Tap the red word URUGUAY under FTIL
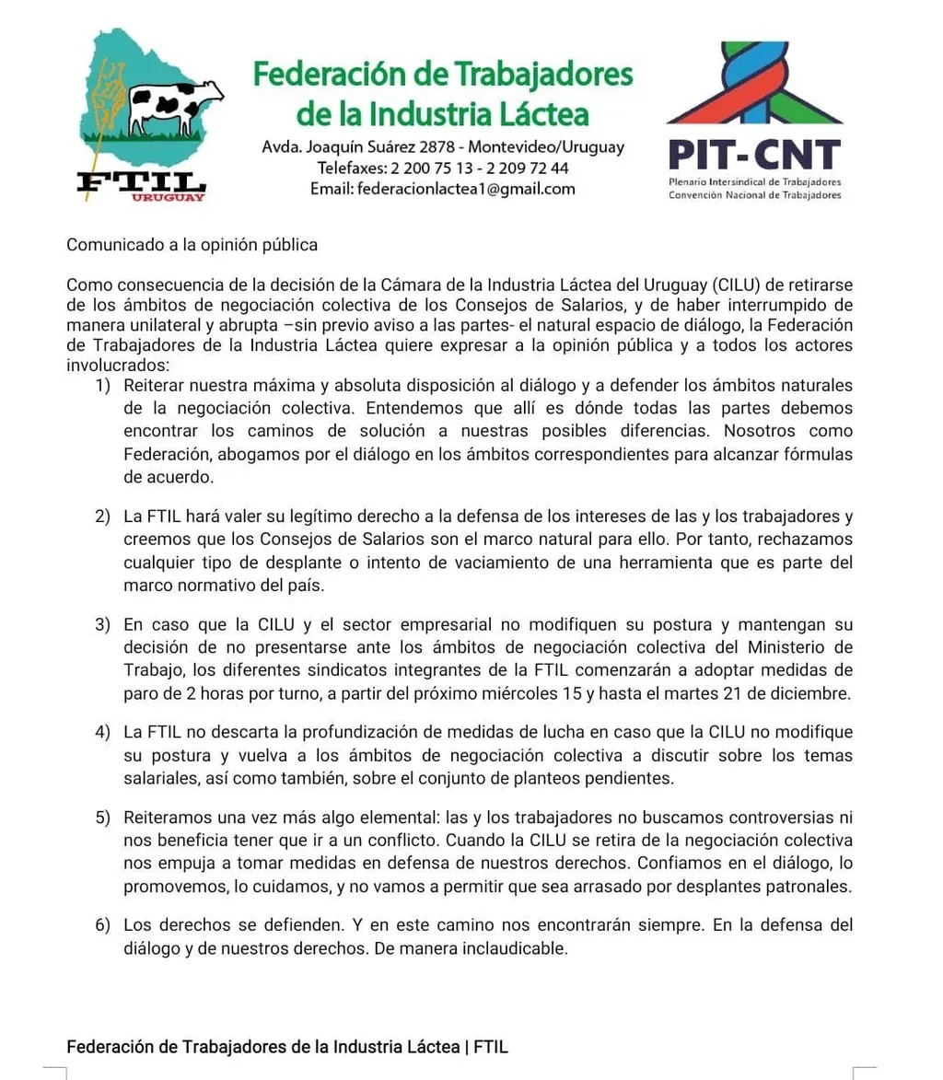(x=168, y=198)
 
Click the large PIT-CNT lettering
(x=753, y=155)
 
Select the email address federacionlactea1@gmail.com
(x=466, y=189)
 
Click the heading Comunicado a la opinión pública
(x=192, y=245)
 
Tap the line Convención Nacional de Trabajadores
(x=754, y=196)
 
